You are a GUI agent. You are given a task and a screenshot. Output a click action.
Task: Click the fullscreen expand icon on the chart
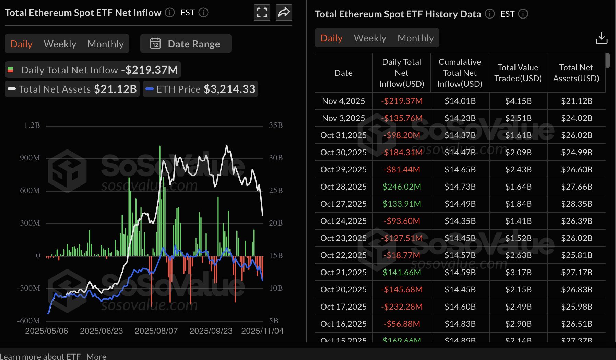tap(262, 13)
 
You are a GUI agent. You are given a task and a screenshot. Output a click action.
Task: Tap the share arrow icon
tap(284, 13)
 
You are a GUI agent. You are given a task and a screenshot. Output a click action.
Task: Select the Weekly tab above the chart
tap(60, 44)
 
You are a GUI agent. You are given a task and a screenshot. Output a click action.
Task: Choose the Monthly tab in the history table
tap(415, 38)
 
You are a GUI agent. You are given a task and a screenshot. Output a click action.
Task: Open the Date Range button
tap(186, 44)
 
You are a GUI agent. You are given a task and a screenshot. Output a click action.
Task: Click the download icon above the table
tap(601, 38)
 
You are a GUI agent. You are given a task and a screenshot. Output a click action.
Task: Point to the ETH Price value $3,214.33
tap(229, 89)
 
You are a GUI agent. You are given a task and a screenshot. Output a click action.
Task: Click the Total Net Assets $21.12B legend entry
tap(72, 89)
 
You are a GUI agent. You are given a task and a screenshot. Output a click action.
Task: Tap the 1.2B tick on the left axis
tap(32, 125)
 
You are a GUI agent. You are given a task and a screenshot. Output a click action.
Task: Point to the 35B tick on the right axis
tap(276, 125)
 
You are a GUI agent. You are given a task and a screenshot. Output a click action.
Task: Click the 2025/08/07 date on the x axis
tap(156, 331)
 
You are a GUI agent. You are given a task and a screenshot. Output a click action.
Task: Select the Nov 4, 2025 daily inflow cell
tap(402, 101)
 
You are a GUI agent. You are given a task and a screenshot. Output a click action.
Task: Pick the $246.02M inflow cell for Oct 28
tap(402, 187)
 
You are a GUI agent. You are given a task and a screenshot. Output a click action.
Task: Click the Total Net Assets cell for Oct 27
tap(577, 204)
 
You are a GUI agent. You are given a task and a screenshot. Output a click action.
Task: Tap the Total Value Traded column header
tap(518, 73)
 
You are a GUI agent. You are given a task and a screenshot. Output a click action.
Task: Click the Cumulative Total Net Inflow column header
tap(460, 73)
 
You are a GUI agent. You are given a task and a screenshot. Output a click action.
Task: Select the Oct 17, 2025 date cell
tap(343, 307)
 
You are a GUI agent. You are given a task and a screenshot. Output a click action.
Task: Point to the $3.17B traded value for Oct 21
tap(518, 273)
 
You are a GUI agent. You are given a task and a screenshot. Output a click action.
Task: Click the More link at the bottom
tap(96, 357)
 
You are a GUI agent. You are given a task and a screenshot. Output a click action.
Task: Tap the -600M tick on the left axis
tap(29, 321)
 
